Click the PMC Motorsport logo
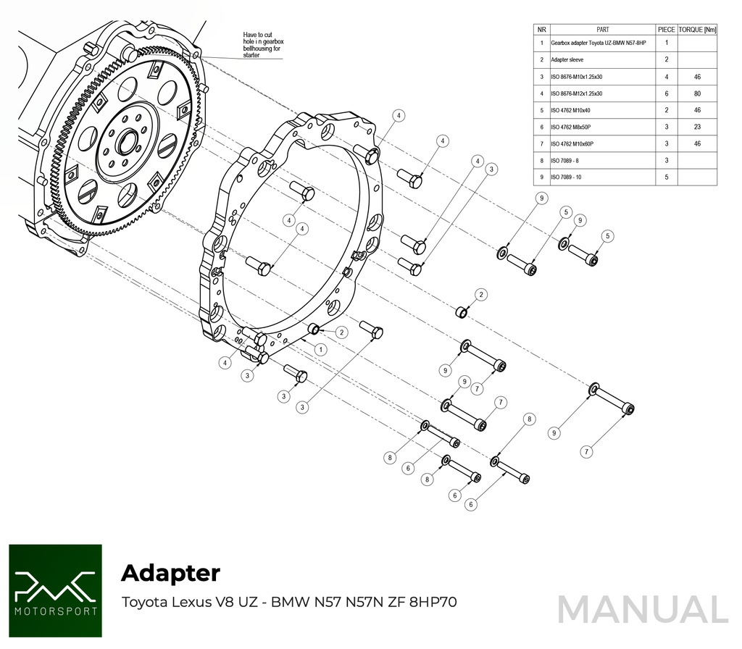pos(55,590)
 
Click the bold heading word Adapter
pos(170,572)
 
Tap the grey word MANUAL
pos(642,610)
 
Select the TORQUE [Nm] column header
pos(696,30)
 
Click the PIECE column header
pos(667,30)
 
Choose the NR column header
pos(541,30)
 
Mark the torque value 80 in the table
pos(696,93)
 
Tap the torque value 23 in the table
pos(696,127)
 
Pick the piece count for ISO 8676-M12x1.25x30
pos(667,93)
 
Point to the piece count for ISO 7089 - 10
pos(667,177)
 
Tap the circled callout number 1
pos(319,349)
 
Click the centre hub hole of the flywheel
pos(127,141)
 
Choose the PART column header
pos(602,30)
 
